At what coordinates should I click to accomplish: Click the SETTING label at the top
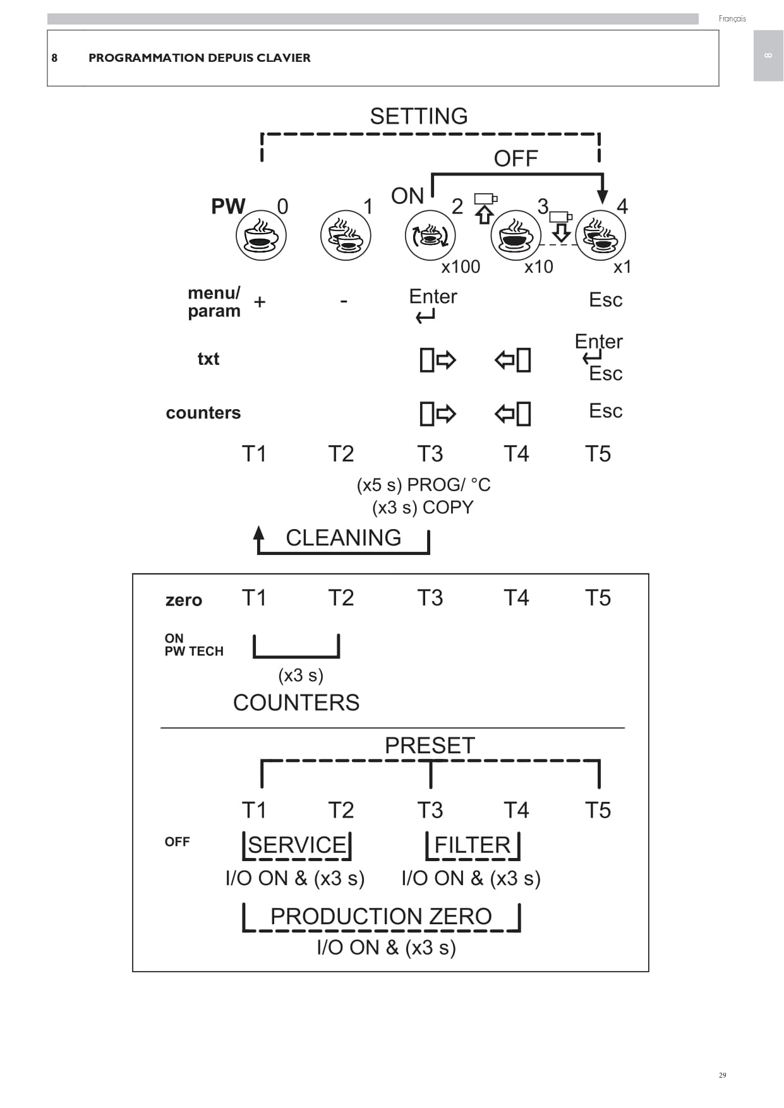pos(419,116)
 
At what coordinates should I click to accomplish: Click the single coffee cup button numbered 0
pos(261,236)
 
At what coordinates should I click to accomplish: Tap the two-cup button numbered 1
pos(346,236)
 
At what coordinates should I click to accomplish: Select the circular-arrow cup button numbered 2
pos(430,236)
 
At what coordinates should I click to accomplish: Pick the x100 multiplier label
pos(461,267)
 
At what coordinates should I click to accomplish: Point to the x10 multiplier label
pos(539,267)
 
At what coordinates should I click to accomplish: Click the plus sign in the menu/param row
pos(260,302)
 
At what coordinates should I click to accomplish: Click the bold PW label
pos(228,206)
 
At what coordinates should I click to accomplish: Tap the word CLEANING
pos(344,538)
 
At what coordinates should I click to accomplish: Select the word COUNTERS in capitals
pos(296,703)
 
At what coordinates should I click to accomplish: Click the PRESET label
pos(430,746)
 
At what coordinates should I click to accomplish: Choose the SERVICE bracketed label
pos(297,845)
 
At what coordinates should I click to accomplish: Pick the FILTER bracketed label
pos(473,845)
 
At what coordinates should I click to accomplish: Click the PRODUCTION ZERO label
pos(381,916)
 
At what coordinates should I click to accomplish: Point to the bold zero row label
pos(184,600)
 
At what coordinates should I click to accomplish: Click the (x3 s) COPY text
pos(423,508)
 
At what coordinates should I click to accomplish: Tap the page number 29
pos(723,1075)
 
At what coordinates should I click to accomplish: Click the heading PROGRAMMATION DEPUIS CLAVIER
pos(200,58)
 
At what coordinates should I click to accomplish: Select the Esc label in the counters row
pos(606,411)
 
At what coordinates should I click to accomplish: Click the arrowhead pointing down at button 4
pos(602,196)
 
